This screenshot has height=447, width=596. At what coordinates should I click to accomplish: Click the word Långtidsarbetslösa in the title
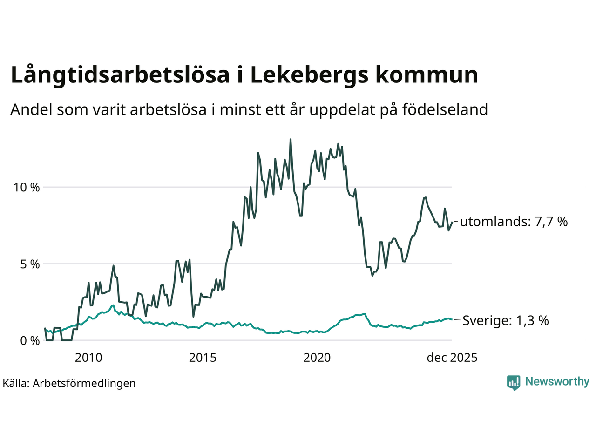point(120,75)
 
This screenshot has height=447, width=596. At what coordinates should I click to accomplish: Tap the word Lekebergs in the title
point(309,75)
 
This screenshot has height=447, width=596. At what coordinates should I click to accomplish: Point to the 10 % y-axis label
point(27,188)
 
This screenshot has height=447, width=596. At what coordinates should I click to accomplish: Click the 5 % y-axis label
point(30,264)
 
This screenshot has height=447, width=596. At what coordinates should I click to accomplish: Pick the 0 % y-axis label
point(30,341)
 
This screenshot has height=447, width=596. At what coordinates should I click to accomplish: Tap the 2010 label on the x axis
point(88,358)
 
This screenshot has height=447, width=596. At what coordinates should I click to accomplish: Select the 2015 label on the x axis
point(203,358)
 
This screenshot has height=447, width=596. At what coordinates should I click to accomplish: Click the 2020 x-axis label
point(317,358)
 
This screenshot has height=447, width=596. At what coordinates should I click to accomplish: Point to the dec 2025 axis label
point(452,358)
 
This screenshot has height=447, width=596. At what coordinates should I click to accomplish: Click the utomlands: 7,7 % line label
point(514,222)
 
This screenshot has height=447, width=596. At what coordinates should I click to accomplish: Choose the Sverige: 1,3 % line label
point(505,321)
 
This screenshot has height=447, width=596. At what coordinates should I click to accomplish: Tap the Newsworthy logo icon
point(514,383)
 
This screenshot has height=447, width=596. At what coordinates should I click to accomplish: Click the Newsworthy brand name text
point(557,382)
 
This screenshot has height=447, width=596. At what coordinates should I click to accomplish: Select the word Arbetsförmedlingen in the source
point(84,384)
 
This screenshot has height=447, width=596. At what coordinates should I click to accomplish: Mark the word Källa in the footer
point(16,384)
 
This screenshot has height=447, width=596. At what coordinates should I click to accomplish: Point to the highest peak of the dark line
point(291,139)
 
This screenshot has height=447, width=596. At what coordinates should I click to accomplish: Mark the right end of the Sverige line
point(452,319)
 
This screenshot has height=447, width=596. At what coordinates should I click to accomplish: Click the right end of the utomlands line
point(452,222)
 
